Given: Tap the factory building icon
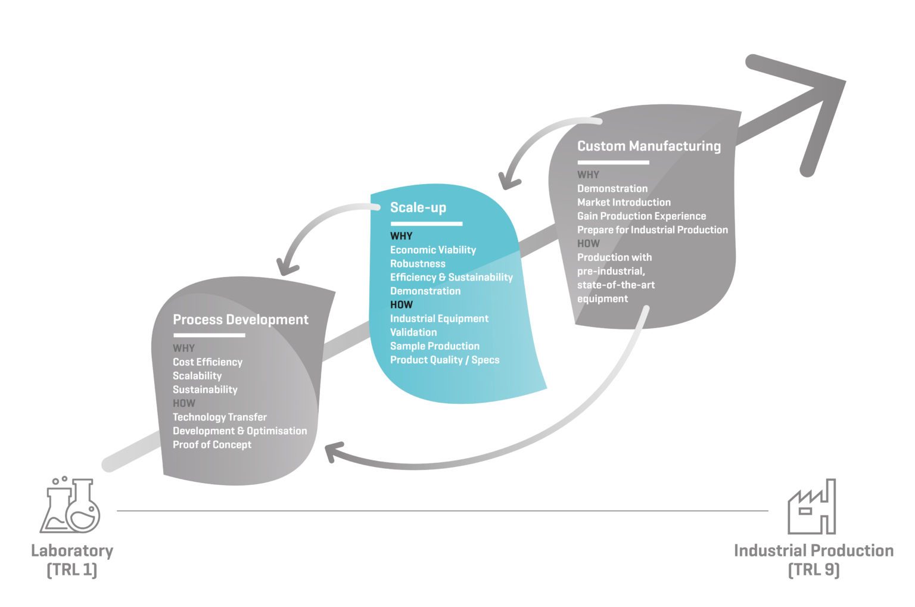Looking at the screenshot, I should coord(811,507).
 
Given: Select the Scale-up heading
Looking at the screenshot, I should coord(418,208).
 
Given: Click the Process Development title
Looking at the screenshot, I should coord(240,320).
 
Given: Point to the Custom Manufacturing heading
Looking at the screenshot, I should coord(649,146).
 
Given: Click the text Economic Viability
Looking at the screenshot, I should coord(432,250).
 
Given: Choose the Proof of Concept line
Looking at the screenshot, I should coord(211,445).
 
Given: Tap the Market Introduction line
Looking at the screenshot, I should coord(624,203).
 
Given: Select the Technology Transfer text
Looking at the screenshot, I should coord(219,418).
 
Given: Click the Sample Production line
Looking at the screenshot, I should coord(434,346).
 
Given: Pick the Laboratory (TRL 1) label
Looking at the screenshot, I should coord(71,560).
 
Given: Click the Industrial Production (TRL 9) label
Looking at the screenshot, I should coord(813,560).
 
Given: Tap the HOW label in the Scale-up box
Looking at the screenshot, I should coord(401,305).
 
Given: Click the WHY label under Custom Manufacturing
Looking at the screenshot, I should coord(588,175).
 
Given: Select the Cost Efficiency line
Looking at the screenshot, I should coord(207,362).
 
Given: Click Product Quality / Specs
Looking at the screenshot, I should coord(444,360).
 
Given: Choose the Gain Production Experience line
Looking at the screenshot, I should coord(641,216).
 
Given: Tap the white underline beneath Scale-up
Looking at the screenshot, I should coord(426,224).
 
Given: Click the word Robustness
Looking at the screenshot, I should coord(418,264).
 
